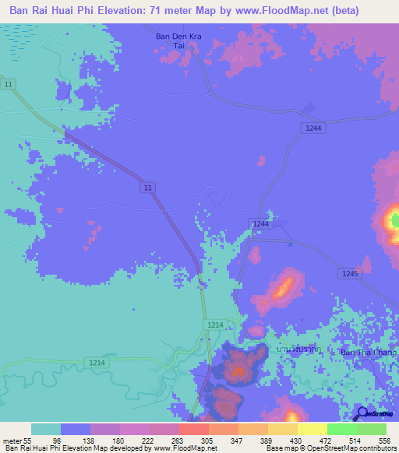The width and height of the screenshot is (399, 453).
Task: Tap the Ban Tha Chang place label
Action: pos(369,353)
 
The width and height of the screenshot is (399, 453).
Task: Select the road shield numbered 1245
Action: pos(348,273)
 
